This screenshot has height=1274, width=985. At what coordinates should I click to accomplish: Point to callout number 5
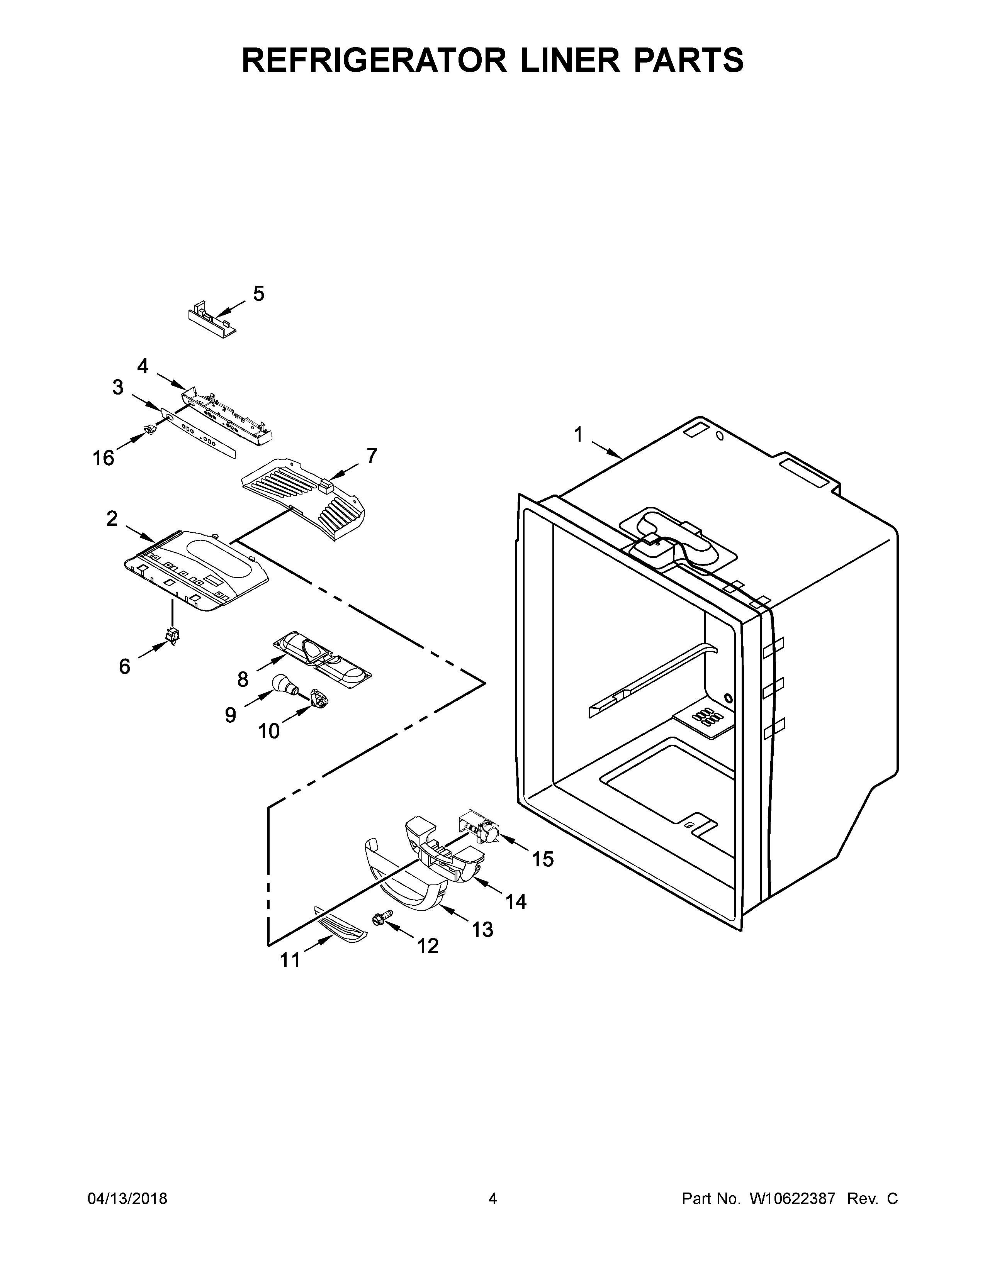pyautogui.click(x=258, y=293)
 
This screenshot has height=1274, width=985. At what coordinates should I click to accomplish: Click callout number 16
pyautogui.click(x=103, y=458)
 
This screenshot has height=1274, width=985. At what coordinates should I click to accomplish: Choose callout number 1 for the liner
pyautogui.click(x=578, y=435)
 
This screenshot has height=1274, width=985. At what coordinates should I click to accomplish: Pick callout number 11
pyautogui.click(x=290, y=960)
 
